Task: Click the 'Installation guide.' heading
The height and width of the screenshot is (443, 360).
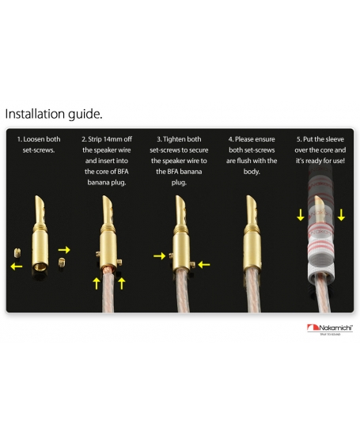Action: (x=54, y=114)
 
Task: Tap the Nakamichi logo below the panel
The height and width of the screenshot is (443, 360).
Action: (x=330, y=329)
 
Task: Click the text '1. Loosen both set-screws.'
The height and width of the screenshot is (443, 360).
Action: (x=39, y=144)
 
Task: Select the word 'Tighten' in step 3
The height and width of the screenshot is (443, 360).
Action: (x=174, y=139)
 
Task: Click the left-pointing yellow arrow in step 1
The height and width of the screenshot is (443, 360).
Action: (x=17, y=266)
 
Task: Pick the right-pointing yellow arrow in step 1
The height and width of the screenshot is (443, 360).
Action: (x=64, y=250)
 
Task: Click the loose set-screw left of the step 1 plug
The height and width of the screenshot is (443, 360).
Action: (x=17, y=253)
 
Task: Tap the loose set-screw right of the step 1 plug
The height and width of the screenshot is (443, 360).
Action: (x=62, y=263)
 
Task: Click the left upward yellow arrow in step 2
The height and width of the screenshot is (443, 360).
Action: (x=97, y=283)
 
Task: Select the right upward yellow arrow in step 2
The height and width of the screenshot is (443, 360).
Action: (x=122, y=283)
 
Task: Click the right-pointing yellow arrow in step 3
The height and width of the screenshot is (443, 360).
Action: (x=160, y=256)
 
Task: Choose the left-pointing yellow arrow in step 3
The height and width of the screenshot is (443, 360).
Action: (x=204, y=265)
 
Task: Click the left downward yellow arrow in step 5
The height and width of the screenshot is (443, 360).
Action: (x=301, y=215)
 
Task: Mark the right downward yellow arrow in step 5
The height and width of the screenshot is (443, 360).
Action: (x=341, y=215)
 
